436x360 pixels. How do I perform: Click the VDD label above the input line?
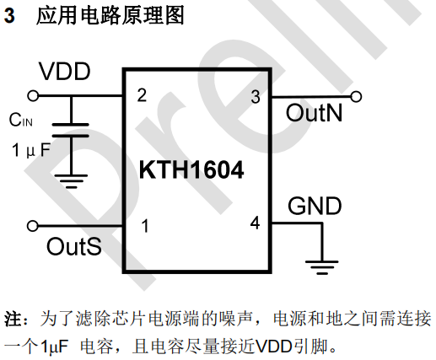(65, 72)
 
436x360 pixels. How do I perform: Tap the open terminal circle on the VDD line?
(33, 96)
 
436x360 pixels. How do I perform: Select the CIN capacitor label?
(21, 120)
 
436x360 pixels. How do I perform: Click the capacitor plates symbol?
(71, 130)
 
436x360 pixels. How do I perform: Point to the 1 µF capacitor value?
(31, 150)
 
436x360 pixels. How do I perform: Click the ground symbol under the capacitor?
(71, 181)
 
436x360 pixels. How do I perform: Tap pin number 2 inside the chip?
(142, 95)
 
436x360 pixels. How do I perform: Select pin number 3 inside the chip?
(256, 97)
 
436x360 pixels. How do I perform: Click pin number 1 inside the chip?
(145, 226)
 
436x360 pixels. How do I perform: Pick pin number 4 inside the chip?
(255, 223)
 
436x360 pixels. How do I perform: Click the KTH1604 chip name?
(191, 169)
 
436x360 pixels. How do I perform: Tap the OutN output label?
(314, 113)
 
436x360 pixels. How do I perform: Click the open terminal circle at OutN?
(356, 97)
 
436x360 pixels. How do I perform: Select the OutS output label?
(74, 246)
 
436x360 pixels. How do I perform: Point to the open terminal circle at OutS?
(33, 226)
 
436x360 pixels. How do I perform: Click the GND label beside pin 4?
(315, 206)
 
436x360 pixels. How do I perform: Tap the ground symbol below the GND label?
(322, 267)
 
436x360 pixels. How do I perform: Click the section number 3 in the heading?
(9, 15)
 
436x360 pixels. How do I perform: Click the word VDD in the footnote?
(274, 347)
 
